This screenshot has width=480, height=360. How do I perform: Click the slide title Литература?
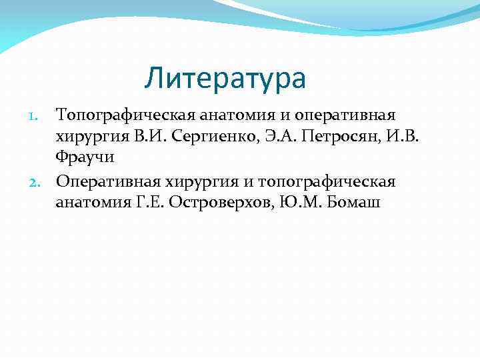(x=225, y=79)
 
